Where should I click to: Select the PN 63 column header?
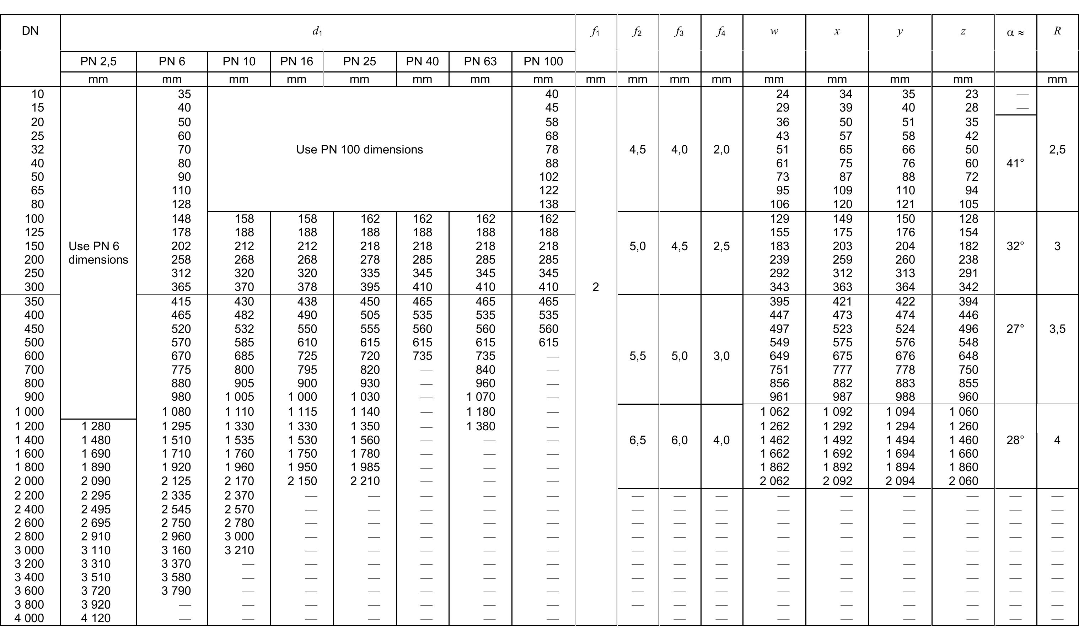[x=480, y=61]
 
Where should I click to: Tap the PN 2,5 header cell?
[x=98, y=61]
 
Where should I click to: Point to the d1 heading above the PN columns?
[x=317, y=31]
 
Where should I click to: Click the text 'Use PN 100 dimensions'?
[x=359, y=150]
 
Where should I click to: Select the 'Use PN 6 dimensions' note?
[x=98, y=253]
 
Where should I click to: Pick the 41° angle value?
[x=1015, y=163]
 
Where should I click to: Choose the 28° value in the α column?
[x=1015, y=440]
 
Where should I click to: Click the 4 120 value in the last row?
[x=96, y=618]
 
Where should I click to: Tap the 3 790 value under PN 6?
[x=176, y=591]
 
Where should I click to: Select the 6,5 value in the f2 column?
[x=638, y=440]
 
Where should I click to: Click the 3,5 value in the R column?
[x=1057, y=329]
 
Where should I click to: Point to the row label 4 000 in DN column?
[x=29, y=618]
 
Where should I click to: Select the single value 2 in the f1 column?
[x=596, y=287]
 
